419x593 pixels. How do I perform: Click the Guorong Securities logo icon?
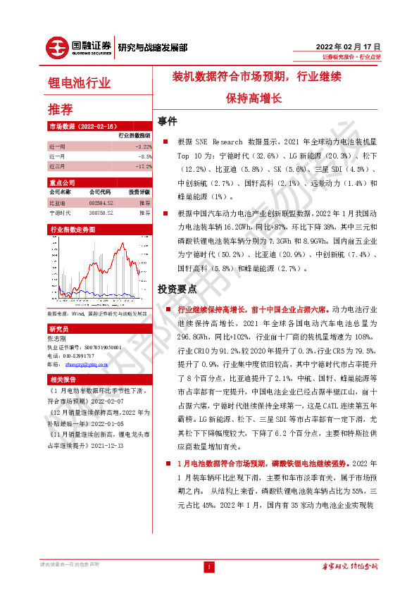tap(58, 47)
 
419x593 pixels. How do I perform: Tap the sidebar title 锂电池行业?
tap(79, 83)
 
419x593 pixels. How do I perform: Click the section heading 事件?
tap(167, 120)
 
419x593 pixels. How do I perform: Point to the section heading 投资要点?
tap(177, 289)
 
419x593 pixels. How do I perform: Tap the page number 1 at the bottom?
tap(209, 567)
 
